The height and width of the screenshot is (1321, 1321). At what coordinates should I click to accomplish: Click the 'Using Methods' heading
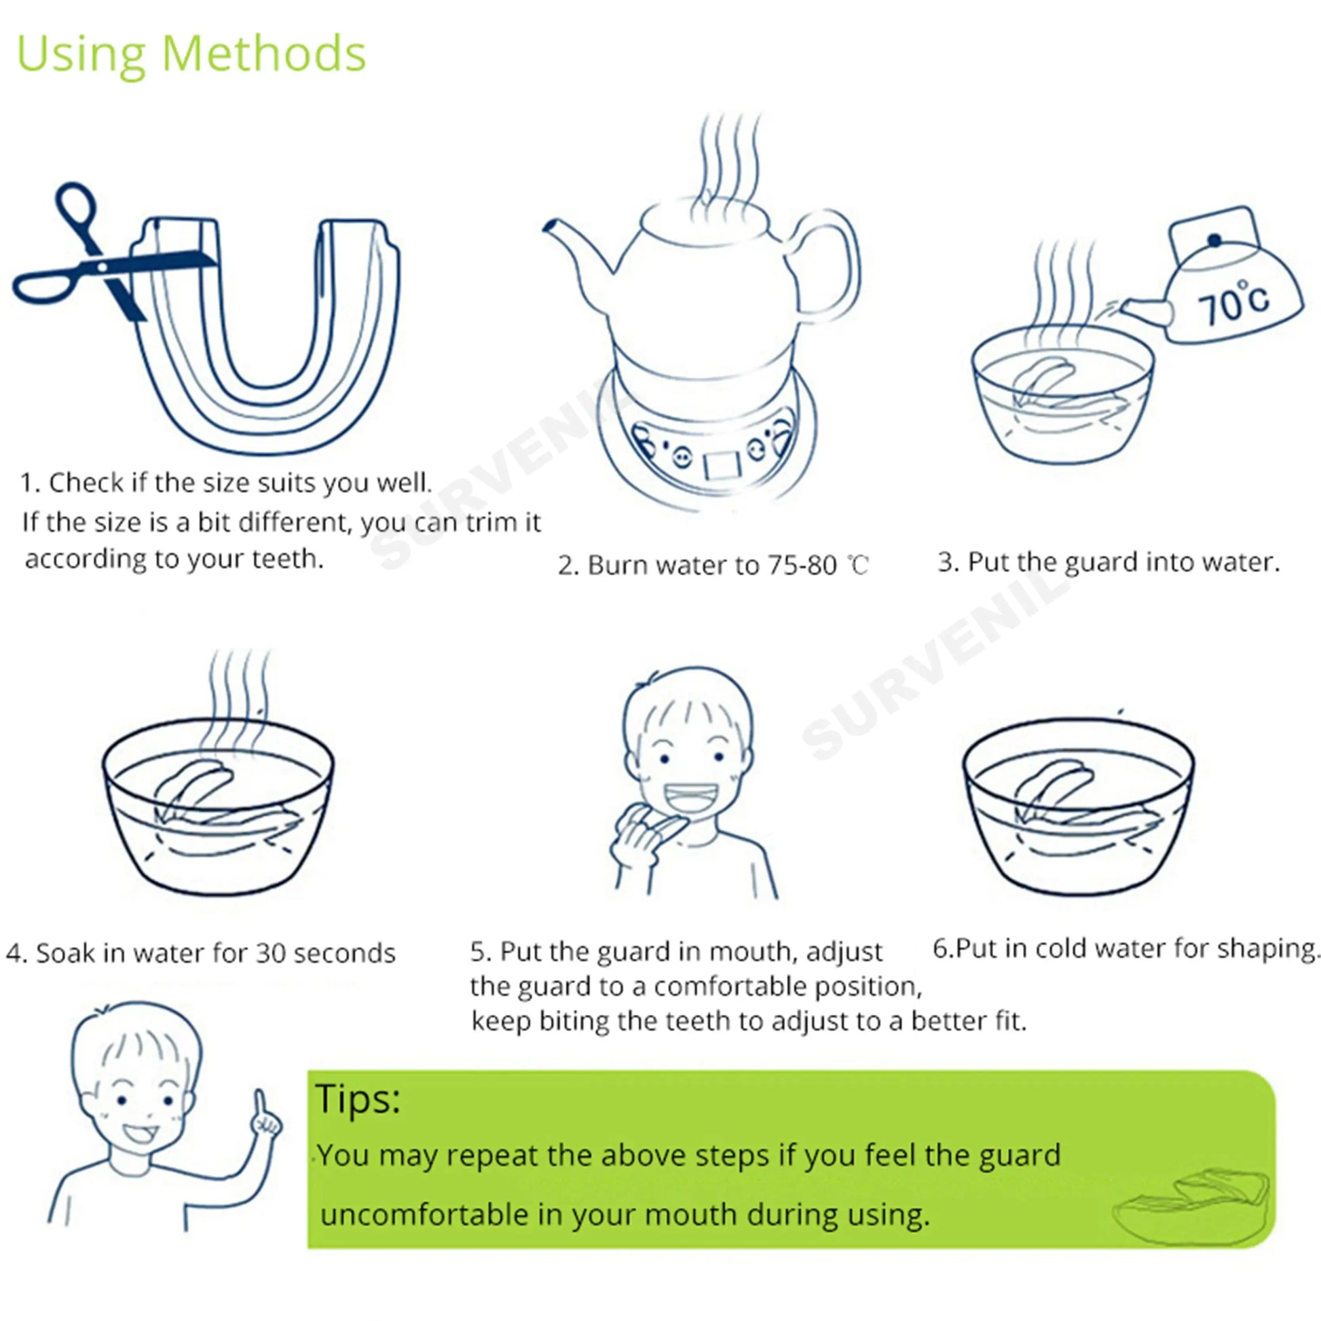tap(191, 55)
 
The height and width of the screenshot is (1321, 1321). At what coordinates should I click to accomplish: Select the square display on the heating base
tap(723, 464)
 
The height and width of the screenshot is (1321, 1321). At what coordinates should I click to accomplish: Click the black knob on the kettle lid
tap(1215, 240)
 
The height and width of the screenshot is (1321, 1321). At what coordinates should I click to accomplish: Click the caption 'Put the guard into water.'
tap(1123, 562)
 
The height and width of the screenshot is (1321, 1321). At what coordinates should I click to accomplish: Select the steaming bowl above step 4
tap(219, 807)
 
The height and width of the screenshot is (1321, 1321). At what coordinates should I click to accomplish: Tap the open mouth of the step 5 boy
tap(690, 797)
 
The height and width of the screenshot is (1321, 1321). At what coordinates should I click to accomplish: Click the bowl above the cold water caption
tap(1078, 807)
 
